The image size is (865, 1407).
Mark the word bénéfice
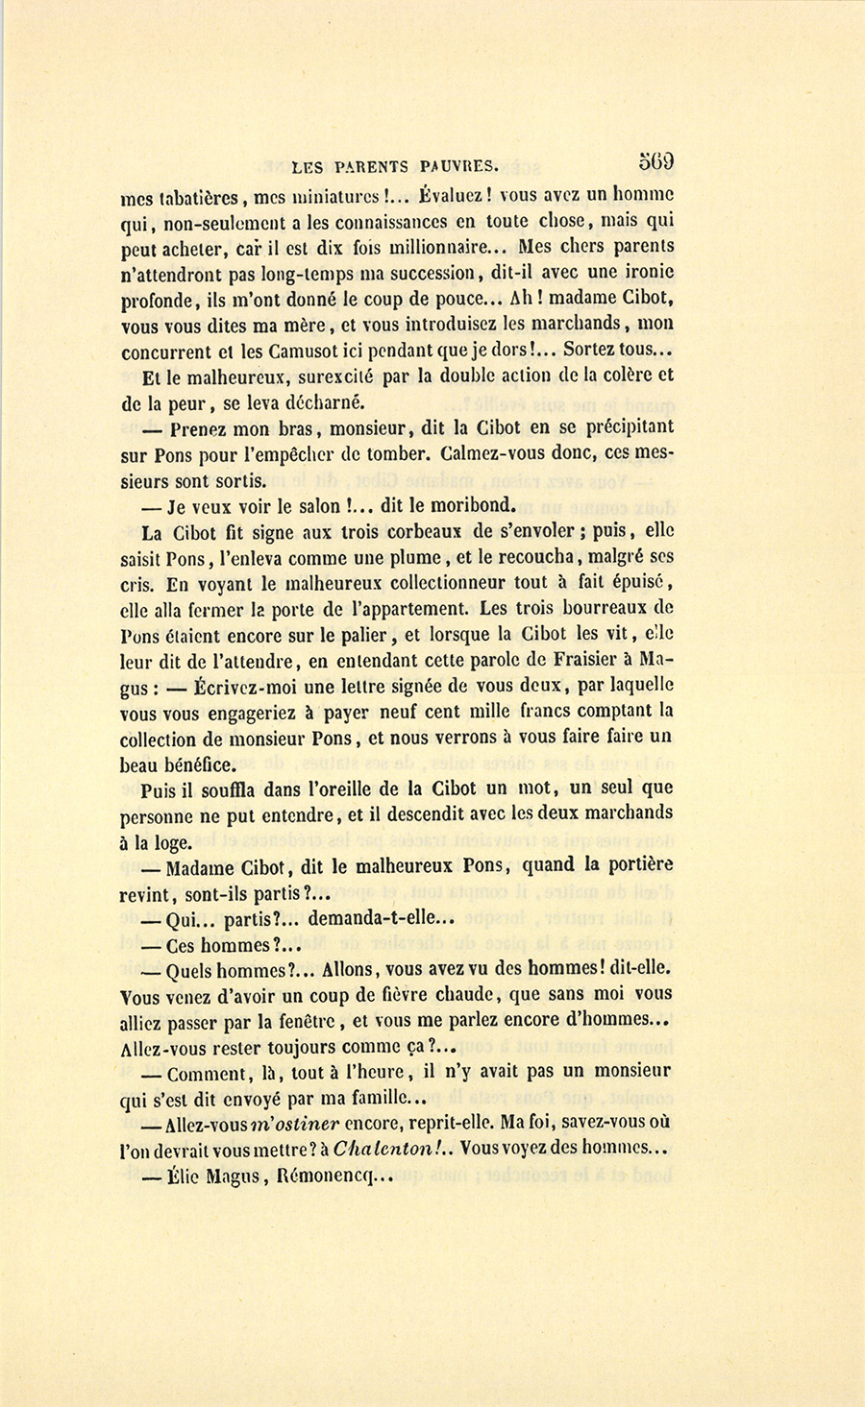coord(199,764)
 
